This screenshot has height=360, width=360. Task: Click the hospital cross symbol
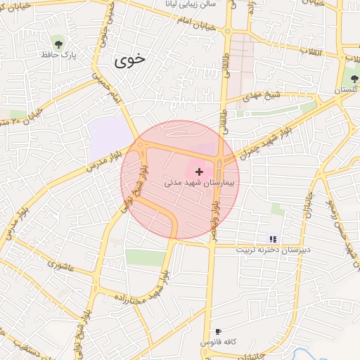pos(200,171)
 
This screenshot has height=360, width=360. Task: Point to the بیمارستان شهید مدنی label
pos(201,182)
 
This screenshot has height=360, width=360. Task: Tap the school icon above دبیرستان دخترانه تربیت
pos(273,239)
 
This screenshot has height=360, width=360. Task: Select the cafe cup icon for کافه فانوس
pos(218,331)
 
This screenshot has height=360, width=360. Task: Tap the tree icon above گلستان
pos(353,78)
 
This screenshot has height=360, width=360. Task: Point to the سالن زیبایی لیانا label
pos(207,4)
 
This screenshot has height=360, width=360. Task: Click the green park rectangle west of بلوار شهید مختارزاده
pos(145,257)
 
